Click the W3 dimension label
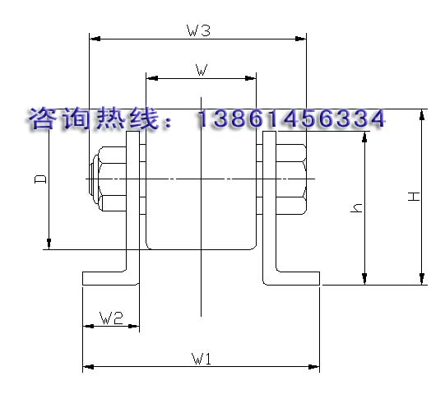click(198, 30)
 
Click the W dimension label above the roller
click(202, 70)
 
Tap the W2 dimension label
click(111, 318)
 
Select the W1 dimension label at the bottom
click(202, 359)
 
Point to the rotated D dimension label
click(40, 179)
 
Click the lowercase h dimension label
click(356, 208)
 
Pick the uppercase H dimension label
click(414, 197)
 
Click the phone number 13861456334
click(291, 118)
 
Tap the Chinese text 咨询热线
click(94, 118)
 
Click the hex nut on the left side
click(113, 179)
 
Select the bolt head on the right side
click(291, 179)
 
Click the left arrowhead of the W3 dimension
click(95, 39)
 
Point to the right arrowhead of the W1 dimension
click(314, 367)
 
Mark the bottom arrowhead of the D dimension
click(49, 244)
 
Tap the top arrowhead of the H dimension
click(422, 114)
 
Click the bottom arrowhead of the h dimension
click(364, 279)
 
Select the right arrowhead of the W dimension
click(251, 78)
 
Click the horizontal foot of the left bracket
click(111, 278)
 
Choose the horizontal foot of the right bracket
click(292, 278)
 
